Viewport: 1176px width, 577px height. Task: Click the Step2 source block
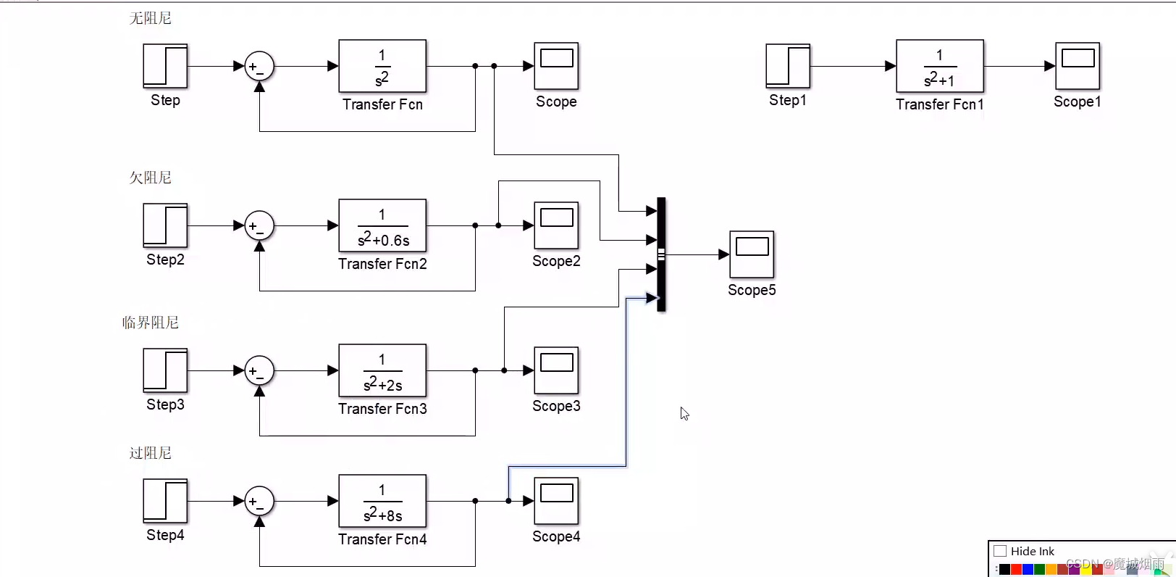point(165,225)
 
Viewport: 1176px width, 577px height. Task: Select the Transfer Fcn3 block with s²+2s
point(382,370)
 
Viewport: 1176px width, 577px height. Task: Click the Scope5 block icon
point(752,254)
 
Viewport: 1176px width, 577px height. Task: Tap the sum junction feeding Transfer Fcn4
point(259,501)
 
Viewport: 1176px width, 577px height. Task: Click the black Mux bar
point(661,254)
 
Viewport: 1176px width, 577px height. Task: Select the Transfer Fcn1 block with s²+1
point(940,66)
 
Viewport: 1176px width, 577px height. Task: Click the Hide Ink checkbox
point(1000,551)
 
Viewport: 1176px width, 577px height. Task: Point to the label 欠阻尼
point(151,178)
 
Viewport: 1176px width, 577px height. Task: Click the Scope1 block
point(1078,66)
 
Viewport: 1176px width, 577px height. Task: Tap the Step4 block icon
point(165,501)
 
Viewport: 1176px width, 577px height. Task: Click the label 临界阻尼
point(151,323)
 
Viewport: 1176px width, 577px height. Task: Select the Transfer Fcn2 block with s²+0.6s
point(382,225)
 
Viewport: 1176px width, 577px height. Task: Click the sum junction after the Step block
point(259,66)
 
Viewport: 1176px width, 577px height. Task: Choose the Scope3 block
point(556,370)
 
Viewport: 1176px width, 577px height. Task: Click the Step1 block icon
point(788,66)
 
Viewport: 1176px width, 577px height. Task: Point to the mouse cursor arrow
point(684,413)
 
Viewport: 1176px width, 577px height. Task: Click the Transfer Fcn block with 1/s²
point(382,66)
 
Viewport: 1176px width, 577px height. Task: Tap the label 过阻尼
point(151,453)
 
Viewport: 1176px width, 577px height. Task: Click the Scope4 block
point(556,501)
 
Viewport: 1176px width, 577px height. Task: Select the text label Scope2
point(556,261)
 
